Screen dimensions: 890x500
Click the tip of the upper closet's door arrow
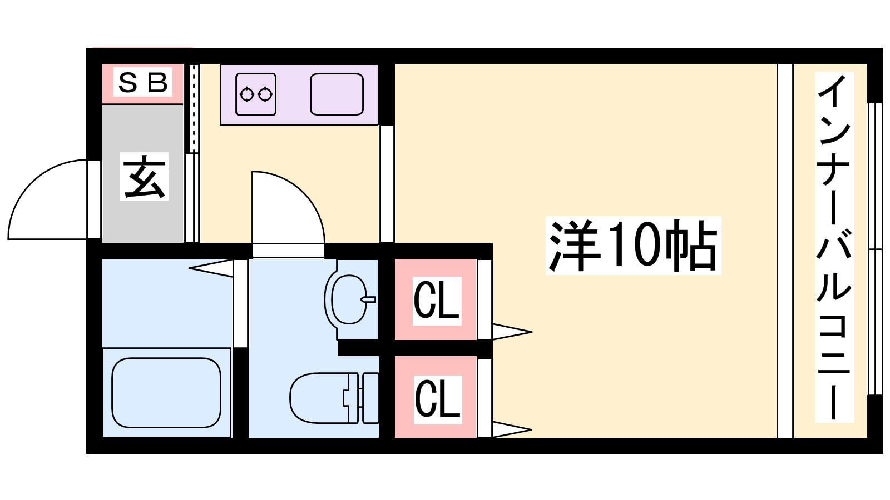[x=532, y=332]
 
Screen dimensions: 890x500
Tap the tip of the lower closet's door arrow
[x=532, y=429]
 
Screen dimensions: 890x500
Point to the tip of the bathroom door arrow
[x=189, y=268]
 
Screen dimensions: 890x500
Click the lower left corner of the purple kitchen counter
[x=221, y=124]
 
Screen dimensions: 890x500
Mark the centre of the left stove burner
[x=246, y=94]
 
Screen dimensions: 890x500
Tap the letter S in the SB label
[x=128, y=83]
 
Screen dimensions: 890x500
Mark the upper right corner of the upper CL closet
[x=476, y=259]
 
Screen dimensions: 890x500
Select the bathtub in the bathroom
[x=166, y=393]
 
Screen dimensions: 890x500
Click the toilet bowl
[x=319, y=398]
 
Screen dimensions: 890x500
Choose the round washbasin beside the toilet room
[x=350, y=299]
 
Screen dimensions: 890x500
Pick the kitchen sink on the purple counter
[x=337, y=94]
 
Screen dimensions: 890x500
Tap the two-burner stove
[x=256, y=94]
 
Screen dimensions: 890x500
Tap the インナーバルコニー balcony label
[x=834, y=247]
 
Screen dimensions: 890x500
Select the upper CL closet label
[x=437, y=301]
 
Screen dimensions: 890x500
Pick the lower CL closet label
[x=437, y=399]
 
